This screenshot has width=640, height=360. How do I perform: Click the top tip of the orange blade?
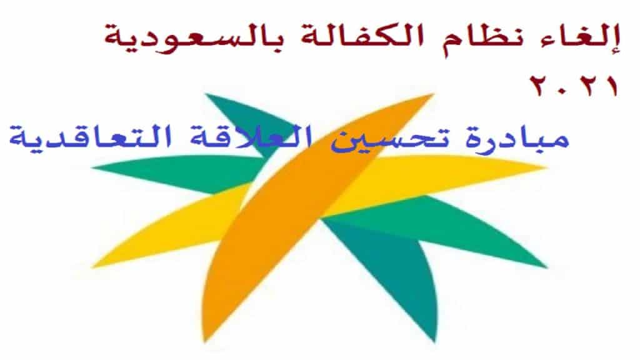click(434, 94)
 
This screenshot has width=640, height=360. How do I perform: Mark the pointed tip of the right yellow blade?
click(546, 167)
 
